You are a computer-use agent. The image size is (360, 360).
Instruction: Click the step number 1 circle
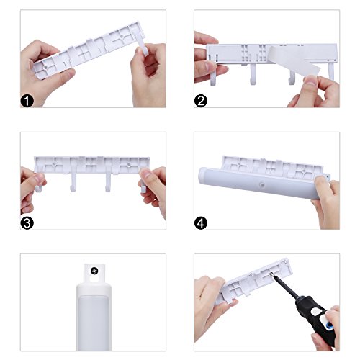click(27, 101)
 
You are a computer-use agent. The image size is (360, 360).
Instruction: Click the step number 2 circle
click(201, 101)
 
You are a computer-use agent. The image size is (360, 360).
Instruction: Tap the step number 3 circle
click(27, 223)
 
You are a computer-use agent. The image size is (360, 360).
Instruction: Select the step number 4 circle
click(201, 223)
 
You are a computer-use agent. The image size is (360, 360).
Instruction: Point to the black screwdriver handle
click(315, 317)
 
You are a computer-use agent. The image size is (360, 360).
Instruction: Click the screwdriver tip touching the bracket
click(271, 274)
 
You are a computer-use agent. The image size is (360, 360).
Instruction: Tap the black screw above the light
click(94, 271)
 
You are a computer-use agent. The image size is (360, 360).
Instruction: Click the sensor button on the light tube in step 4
click(261, 185)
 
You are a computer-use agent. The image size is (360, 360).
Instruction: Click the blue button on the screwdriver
click(330, 325)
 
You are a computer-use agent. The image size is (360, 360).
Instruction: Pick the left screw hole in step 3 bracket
click(54, 163)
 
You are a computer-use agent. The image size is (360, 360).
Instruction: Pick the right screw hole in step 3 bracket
click(129, 164)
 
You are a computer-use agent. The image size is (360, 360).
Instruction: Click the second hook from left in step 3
click(73, 182)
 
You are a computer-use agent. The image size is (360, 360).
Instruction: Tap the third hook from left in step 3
click(108, 182)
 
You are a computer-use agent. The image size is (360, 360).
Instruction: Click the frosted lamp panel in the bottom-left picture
click(94, 323)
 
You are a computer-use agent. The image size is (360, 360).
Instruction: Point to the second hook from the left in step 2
click(253, 74)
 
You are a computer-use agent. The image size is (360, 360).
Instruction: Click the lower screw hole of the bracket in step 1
click(46, 67)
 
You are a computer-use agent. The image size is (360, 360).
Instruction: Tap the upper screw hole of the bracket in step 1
click(122, 37)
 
